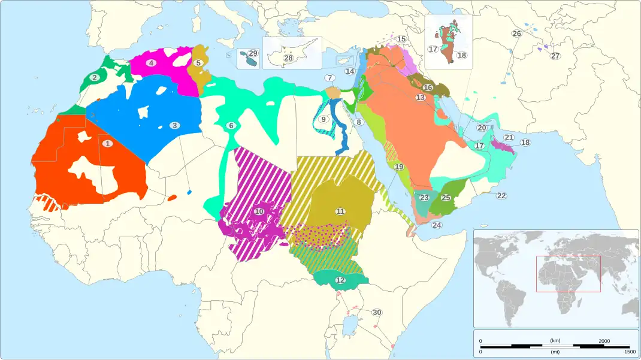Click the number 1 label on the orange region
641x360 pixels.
pyautogui.click(x=107, y=143)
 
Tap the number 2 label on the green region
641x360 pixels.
pyautogui.click(x=94, y=77)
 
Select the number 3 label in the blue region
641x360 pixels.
pyautogui.click(x=174, y=125)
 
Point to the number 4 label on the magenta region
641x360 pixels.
pyautogui.click(x=152, y=63)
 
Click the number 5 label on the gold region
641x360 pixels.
pyautogui.click(x=198, y=62)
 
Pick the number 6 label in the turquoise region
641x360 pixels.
pyautogui.click(x=231, y=125)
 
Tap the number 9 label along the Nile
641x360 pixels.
pyautogui.click(x=323, y=119)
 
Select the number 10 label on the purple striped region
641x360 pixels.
pyautogui.click(x=259, y=211)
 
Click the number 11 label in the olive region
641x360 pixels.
pyautogui.click(x=340, y=211)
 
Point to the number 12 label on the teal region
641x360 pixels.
pyautogui.click(x=340, y=280)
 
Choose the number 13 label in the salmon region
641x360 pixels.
pyautogui.click(x=421, y=97)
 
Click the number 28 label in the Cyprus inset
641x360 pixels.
pyautogui.click(x=288, y=58)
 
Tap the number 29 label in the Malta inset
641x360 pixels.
pyautogui.click(x=253, y=53)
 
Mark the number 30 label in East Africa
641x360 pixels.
pyautogui.click(x=377, y=312)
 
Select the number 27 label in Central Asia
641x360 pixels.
pyautogui.click(x=555, y=56)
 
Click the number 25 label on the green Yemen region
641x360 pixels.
pyautogui.click(x=446, y=198)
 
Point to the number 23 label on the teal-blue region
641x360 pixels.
pyautogui.click(x=424, y=198)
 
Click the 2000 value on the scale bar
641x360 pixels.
pyautogui.click(x=604, y=340)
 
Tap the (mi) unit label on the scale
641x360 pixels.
pyautogui.click(x=555, y=352)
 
